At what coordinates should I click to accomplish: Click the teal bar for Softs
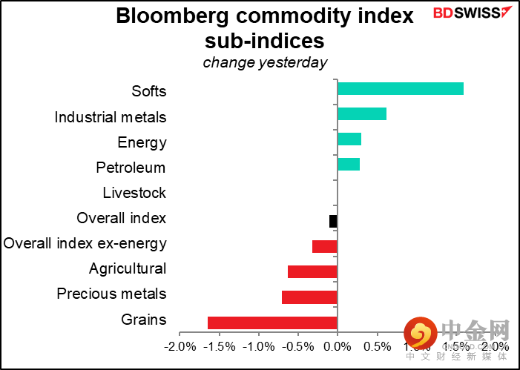point(401,89)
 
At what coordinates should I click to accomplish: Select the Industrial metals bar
point(362,114)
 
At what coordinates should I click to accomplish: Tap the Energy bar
point(349,139)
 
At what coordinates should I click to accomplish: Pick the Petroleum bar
point(349,165)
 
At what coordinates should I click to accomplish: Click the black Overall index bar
point(333,221)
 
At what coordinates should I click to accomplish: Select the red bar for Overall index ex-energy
point(325,246)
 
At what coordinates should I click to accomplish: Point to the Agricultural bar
point(312,271)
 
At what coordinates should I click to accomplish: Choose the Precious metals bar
point(309,297)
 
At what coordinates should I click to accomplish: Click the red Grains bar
point(272,323)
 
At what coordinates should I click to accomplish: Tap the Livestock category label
point(134,194)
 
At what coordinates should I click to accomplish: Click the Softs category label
point(148,92)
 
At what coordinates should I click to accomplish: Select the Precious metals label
point(111,294)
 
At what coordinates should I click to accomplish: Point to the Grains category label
point(143,320)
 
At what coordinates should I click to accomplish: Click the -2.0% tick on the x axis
point(179,346)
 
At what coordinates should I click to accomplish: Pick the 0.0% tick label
point(338,346)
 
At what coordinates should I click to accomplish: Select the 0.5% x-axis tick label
point(378,346)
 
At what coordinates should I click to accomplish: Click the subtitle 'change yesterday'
point(265,63)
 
